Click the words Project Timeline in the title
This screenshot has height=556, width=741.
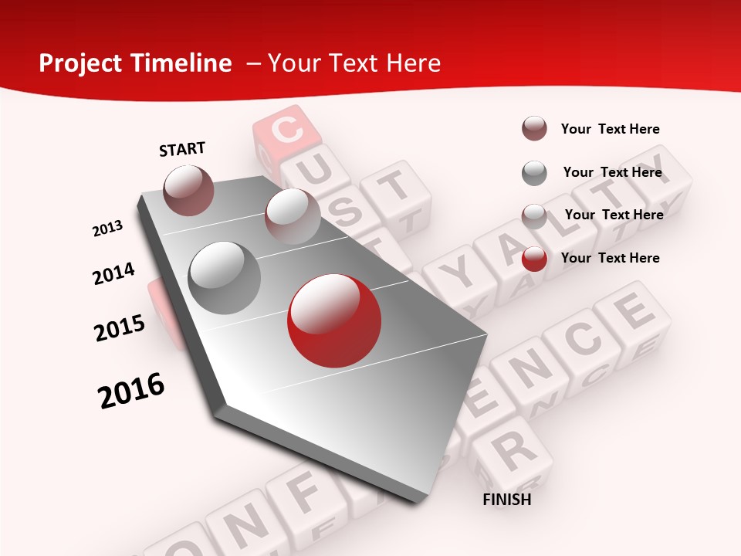[x=135, y=63]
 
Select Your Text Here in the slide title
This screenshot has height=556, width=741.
[x=354, y=63]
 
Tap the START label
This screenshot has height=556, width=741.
[x=182, y=149]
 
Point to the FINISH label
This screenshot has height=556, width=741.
[x=507, y=500]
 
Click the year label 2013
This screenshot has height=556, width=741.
[x=108, y=229]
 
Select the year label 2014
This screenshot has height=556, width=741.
[x=114, y=273]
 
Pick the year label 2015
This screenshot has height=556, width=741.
[x=120, y=327]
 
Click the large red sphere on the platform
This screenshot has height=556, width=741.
[x=334, y=320]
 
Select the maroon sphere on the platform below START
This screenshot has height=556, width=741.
[x=189, y=190]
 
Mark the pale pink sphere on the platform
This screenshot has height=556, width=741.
[x=292, y=215]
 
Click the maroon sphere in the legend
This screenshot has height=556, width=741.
[x=534, y=129]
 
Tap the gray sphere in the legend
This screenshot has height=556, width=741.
[x=534, y=173]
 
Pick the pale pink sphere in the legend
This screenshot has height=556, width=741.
[x=534, y=216]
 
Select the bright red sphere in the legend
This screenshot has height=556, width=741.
[x=534, y=259]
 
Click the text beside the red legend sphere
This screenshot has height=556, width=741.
[x=610, y=258]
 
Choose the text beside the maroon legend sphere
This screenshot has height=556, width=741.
[x=610, y=129]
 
